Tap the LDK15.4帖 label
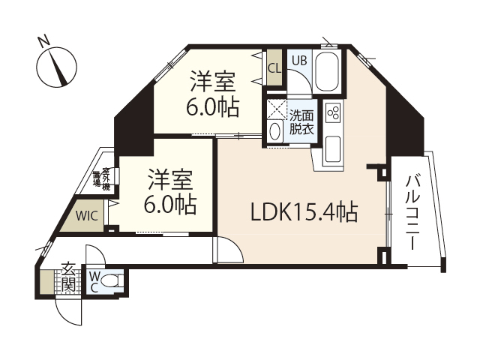tap(303, 212)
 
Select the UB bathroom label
tap(298, 61)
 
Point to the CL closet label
tap(274, 67)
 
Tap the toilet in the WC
tap(111, 283)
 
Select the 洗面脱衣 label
tap(301, 121)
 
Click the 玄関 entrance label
tap(67, 277)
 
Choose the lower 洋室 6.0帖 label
tap(170, 191)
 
